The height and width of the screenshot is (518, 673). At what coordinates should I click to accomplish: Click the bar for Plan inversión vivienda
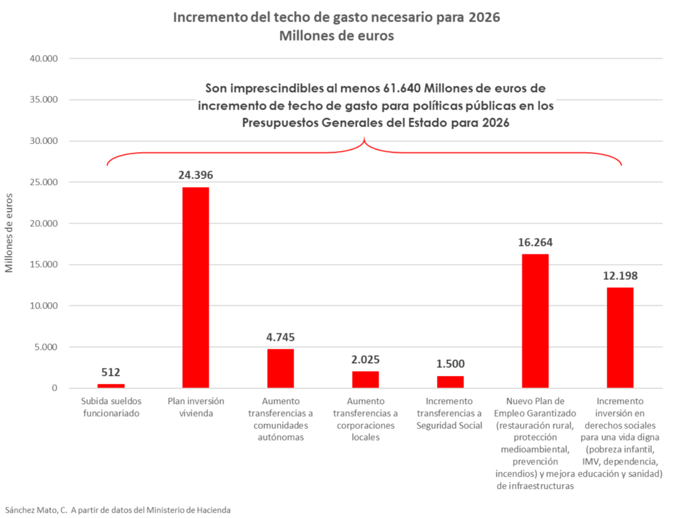pos(195,287)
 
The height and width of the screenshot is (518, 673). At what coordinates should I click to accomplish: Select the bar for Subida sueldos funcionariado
pos(111,386)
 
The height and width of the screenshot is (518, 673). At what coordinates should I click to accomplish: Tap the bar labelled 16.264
pos(535,321)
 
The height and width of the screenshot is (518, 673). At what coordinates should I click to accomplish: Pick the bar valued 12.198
pos(620,338)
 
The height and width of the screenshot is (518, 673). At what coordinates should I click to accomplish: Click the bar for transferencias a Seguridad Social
pos(450,382)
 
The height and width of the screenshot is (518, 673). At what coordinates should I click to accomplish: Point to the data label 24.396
pos(195,175)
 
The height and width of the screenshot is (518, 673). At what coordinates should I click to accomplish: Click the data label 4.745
pos(281,338)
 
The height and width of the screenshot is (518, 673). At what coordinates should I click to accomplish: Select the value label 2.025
pos(366,360)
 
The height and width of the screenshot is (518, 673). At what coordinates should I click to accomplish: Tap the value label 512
pos(111,372)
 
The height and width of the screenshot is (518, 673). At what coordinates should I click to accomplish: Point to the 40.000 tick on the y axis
pos(44,59)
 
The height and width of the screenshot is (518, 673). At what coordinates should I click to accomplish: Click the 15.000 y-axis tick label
pos(44,264)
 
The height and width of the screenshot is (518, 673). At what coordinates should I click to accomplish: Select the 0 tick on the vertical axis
pos(54,388)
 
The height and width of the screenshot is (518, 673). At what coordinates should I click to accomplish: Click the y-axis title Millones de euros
pos(9,233)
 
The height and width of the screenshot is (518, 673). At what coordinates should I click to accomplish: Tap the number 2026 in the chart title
pos(484,17)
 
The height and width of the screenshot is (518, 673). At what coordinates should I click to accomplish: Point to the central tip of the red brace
pos(364,139)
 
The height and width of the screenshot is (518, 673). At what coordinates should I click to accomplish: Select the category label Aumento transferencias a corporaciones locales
pos(366,419)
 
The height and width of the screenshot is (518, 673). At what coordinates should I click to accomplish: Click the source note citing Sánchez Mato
pos(118,510)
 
